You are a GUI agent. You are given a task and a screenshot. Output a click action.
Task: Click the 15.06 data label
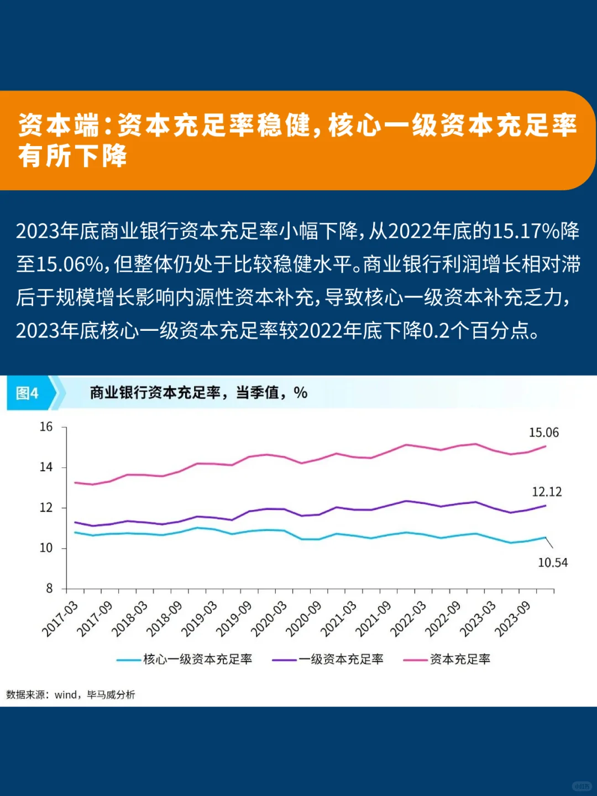tap(543, 433)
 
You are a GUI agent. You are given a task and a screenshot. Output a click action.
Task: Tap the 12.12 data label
tap(546, 492)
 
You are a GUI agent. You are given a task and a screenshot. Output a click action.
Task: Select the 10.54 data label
tap(552, 563)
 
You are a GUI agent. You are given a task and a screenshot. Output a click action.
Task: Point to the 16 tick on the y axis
tap(46, 427)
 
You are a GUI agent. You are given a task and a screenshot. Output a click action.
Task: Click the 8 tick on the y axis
tap(49, 589)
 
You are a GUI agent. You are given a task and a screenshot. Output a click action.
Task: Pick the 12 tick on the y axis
tap(46, 508)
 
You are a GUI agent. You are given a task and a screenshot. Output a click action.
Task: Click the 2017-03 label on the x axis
tap(60, 618)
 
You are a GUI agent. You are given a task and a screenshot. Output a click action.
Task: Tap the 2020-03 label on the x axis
tap(269, 618)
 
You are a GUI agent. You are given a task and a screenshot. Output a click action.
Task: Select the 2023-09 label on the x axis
tap(512, 618)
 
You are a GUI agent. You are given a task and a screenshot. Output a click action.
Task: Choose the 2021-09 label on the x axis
tap(373, 618)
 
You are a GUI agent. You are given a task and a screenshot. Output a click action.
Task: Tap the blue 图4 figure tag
tap(28, 393)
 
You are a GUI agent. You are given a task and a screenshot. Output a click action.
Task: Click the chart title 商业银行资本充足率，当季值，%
tap(198, 393)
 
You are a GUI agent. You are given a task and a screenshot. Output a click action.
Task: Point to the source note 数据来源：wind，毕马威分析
tap(70, 695)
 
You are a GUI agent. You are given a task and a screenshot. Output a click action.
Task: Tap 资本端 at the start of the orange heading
tap(58, 126)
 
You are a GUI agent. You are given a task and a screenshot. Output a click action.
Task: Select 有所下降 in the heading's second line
tap(73, 156)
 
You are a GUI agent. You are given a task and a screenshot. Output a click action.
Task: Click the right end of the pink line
tap(546, 446)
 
